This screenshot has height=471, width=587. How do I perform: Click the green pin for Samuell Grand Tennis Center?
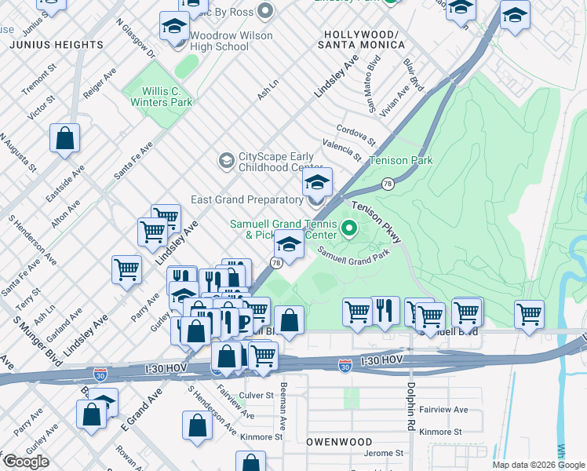[349, 230]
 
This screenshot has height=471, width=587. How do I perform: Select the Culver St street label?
[257, 396]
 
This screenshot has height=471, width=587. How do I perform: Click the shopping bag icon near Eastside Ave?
[65, 138]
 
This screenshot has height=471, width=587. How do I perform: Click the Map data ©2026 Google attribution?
[538, 465]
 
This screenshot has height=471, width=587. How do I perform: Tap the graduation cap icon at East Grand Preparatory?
[317, 184]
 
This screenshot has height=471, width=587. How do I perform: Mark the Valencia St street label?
[340, 150]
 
